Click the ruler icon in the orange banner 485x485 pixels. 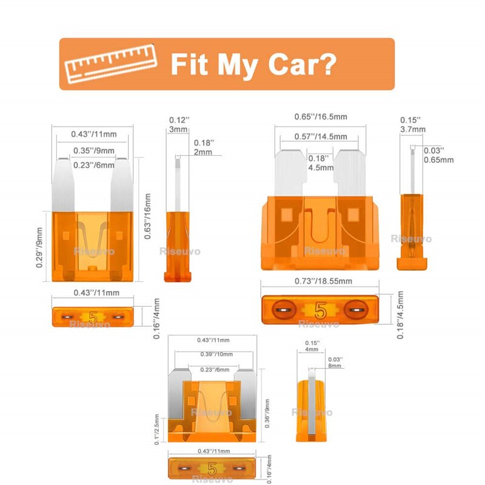pos(111,64)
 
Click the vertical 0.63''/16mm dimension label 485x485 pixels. pos(147,216)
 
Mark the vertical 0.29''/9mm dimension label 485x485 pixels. pos(40,247)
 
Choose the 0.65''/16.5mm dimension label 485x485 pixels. pos(320,116)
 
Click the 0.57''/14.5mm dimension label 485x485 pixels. pos(321,137)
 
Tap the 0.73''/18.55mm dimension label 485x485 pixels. pos(322,281)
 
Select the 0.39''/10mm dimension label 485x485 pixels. pos(216,354)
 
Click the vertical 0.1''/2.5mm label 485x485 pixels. pos(157,429)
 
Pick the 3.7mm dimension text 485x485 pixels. pos(413,129)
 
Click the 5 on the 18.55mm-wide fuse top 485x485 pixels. pos(321,310)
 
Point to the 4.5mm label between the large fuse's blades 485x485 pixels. pos(321,167)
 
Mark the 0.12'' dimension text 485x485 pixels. pos(179,121)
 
